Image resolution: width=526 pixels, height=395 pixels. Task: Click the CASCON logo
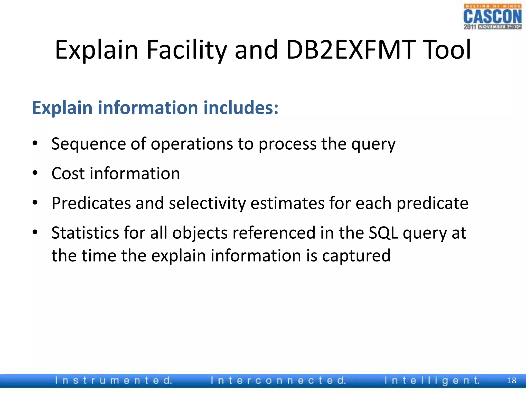click(492, 17)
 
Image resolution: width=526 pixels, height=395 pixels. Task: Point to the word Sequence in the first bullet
click(89, 144)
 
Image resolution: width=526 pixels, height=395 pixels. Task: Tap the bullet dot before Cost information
click(35, 173)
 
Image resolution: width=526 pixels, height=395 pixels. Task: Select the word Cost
click(68, 173)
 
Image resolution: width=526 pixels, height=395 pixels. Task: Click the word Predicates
click(91, 203)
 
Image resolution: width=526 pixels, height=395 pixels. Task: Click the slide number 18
click(512, 381)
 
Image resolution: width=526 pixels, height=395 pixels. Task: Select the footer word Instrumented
click(113, 381)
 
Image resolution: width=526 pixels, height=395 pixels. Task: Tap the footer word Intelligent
click(432, 381)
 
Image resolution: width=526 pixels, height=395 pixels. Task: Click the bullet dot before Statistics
click(35, 232)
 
